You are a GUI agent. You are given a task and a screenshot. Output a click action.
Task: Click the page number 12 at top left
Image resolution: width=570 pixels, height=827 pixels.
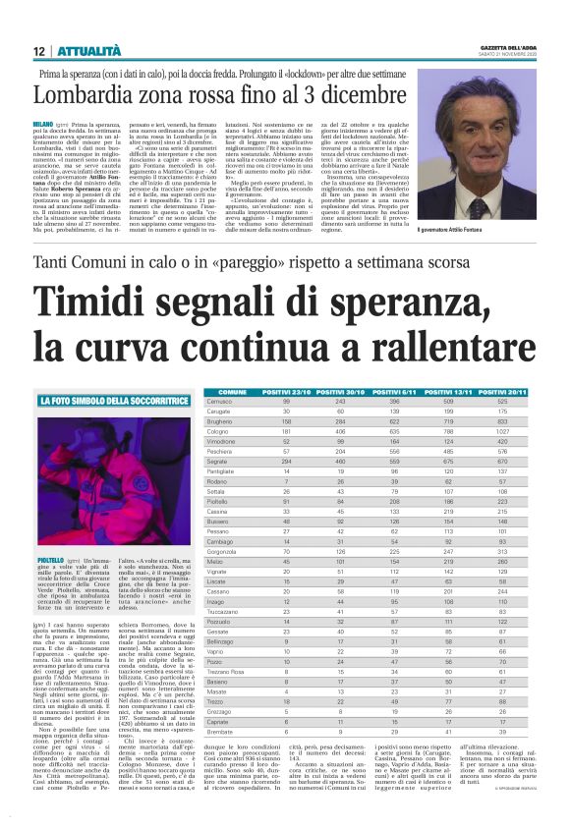click(x=38, y=51)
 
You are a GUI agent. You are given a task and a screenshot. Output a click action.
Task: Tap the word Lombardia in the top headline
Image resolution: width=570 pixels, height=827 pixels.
click(x=97, y=94)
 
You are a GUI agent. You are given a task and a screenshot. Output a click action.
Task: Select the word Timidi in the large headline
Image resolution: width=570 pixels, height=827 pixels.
click(x=95, y=300)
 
